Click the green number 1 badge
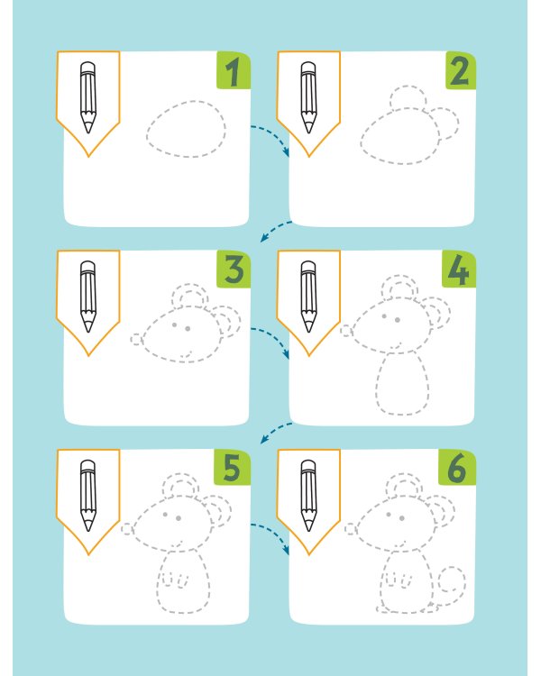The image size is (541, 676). (234, 70)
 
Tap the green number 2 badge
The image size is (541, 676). (461, 70)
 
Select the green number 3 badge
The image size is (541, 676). (234, 269)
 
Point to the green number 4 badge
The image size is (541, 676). (459, 269)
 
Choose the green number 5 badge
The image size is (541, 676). (232, 468)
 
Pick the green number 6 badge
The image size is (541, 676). (457, 468)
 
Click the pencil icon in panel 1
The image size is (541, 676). (88, 97)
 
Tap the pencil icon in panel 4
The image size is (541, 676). (308, 297)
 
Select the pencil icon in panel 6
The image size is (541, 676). (308, 496)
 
